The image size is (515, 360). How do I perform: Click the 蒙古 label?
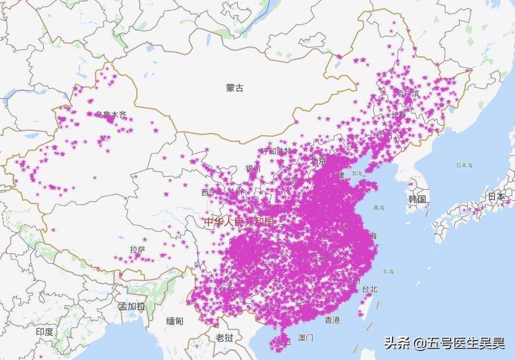pyautogui.click(x=235, y=88)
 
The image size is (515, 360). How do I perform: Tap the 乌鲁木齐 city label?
pyautogui.click(x=111, y=114)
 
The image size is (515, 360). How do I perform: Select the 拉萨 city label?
pyautogui.click(x=137, y=249)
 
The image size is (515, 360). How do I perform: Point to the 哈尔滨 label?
pyautogui.click(x=408, y=93)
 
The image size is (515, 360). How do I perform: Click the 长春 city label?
pyautogui.click(x=399, y=114)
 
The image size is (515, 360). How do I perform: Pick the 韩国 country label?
pyautogui.click(x=417, y=199)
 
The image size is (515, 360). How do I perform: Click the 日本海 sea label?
pyautogui.click(x=463, y=165)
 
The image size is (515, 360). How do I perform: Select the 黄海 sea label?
pyautogui.click(x=379, y=207)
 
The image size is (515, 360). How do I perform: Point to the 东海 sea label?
pyautogui.click(x=388, y=272)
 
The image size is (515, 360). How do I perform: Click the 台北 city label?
pyautogui.click(x=370, y=289)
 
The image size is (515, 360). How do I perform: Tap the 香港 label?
pyautogui.click(x=332, y=320)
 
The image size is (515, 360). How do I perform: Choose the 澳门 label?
pyautogui.click(x=306, y=338)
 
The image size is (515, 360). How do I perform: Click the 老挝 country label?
pyautogui.click(x=224, y=338)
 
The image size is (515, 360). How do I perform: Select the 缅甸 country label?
pyautogui.click(x=175, y=321)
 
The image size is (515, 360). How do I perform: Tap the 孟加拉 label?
pyautogui.click(x=132, y=306)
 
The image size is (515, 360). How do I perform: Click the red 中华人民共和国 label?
pyautogui.click(x=239, y=222)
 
